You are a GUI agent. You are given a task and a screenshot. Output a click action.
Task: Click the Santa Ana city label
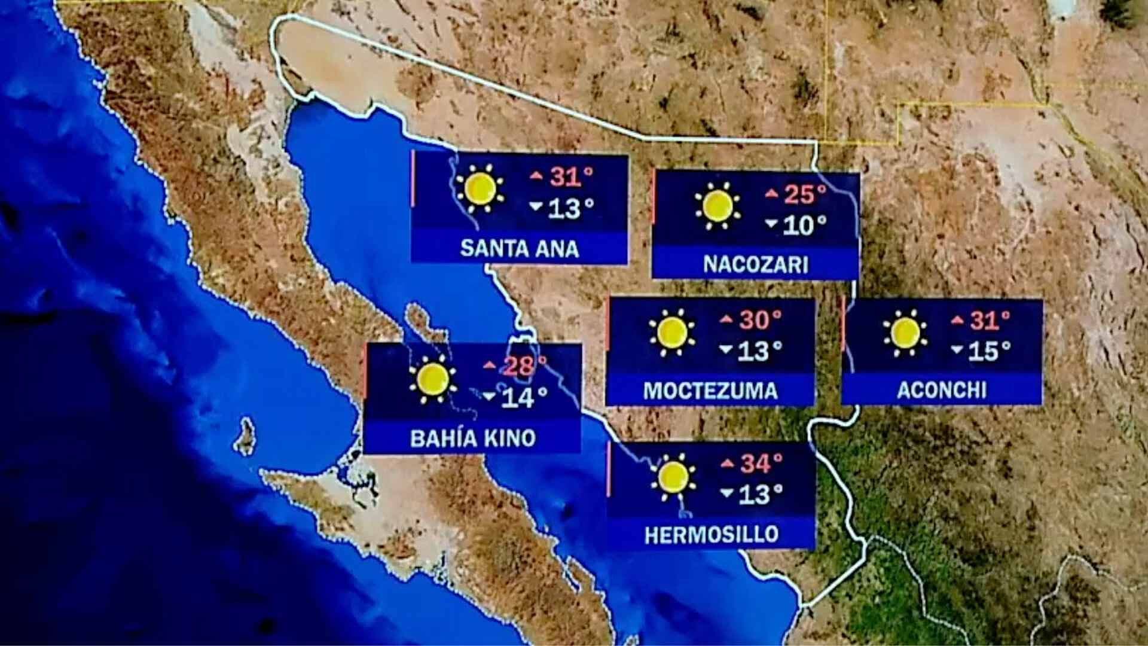click(520, 248)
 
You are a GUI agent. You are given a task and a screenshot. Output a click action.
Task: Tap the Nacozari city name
click(756, 264)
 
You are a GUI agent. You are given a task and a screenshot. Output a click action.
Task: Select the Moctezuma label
click(710, 391)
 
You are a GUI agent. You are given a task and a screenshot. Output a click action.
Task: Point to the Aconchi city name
click(942, 390)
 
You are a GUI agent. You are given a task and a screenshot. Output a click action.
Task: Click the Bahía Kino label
click(472, 438)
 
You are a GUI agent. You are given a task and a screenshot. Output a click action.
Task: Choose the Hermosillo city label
click(712, 534)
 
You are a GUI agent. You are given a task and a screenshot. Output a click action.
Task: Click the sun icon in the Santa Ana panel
click(480, 188)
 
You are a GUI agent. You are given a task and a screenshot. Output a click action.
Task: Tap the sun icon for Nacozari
click(717, 206)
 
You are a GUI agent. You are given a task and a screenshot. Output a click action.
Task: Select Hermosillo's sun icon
click(674, 477)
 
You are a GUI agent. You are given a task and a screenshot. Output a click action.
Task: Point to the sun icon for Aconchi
click(905, 333)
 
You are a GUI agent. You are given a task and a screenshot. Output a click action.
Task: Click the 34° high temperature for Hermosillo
click(761, 463)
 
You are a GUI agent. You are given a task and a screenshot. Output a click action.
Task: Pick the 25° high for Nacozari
click(805, 194)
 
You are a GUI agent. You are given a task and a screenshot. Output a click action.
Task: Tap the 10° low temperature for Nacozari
click(804, 226)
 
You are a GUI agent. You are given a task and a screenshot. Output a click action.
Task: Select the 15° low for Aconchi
click(989, 351)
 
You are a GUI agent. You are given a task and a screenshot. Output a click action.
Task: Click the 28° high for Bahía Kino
click(525, 365)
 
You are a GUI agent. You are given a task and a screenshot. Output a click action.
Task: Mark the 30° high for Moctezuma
click(760, 320)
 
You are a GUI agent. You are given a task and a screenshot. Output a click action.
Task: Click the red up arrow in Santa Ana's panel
click(536, 175)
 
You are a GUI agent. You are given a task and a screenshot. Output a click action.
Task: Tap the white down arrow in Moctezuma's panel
click(726, 349)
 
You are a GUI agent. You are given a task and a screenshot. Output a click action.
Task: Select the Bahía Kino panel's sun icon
click(433, 379)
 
